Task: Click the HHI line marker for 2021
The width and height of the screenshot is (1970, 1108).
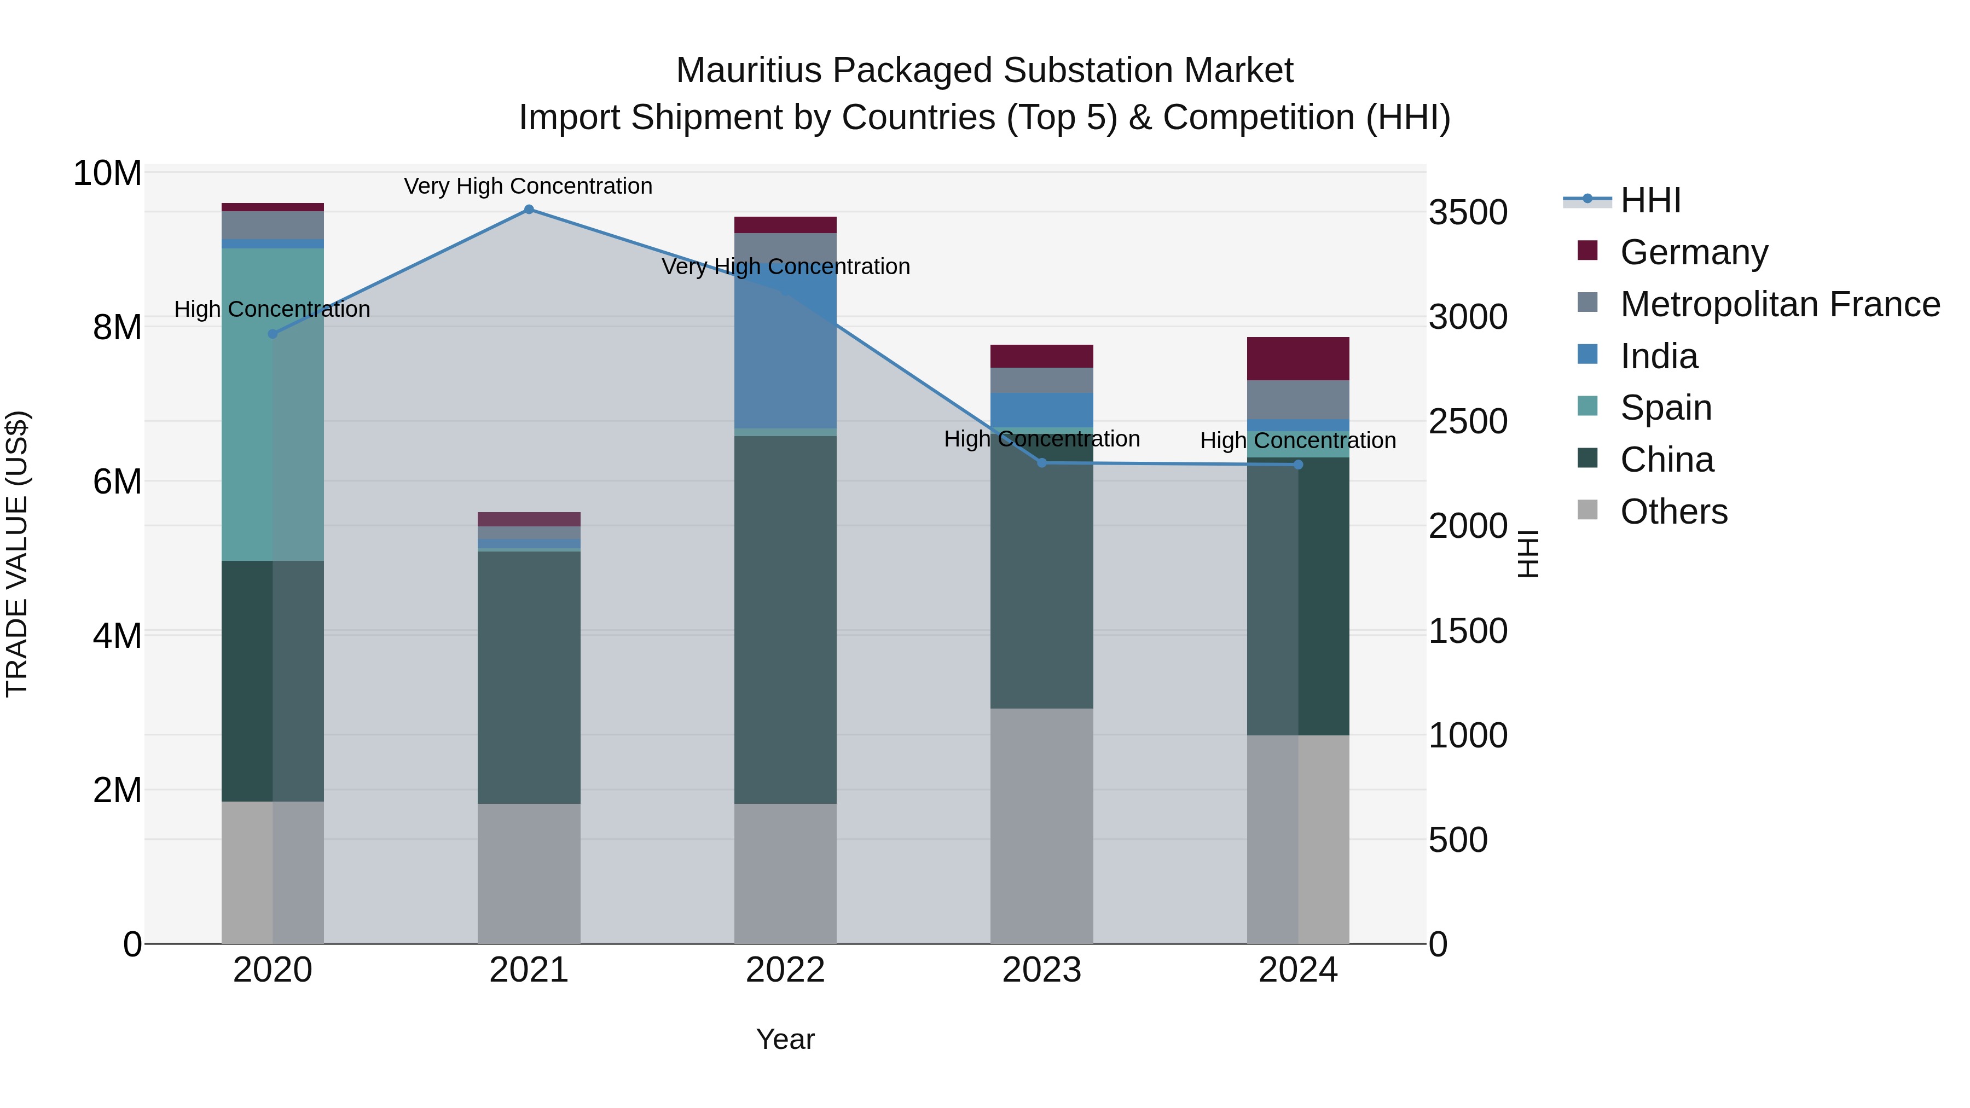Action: (x=529, y=210)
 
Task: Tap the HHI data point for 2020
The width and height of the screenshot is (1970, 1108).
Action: (x=273, y=334)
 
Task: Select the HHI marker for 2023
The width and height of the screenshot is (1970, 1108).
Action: (x=1041, y=462)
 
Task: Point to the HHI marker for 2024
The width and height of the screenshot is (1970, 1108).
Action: (x=1298, y=465)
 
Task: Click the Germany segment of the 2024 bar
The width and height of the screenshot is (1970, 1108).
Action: (x=1298, y=358)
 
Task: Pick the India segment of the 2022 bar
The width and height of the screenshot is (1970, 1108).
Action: (x=785, y=344)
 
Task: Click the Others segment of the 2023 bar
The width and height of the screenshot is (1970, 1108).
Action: (x=1041, y=826)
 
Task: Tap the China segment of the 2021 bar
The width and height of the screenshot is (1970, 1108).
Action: (x=529, y=677)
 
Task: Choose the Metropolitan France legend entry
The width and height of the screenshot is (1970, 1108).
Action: (x=1780, y=304)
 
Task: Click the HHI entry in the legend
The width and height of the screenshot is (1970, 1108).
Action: (x=1650, y=200)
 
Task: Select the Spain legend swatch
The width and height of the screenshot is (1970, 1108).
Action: (x=1587, y=406)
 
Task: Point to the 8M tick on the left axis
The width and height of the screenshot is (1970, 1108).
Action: (x=117, y=327)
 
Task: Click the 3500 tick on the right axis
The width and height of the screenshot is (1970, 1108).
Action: (x=1468, y=213)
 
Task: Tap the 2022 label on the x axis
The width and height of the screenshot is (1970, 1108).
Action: (x=785, y=970)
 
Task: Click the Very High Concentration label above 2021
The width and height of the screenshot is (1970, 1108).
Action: (x=529, y=186)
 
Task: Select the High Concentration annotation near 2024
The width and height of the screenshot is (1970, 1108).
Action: (x=1298, y=440)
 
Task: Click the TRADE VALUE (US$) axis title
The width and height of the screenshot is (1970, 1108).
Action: (x=17, y=554)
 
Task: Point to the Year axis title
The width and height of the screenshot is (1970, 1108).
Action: (x=785, y=1039)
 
